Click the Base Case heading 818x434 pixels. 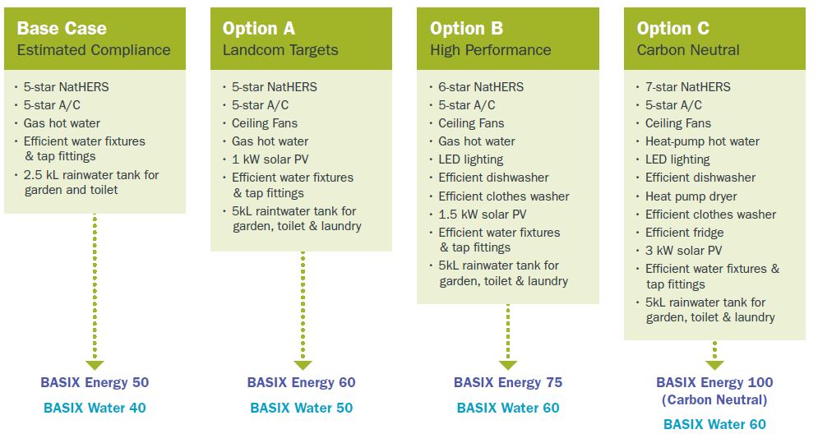(62, 28)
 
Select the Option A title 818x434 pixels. (259, 28)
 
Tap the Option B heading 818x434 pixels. (466, 28)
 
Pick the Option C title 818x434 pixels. (673, 28)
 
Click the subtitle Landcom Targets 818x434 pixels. (280, 50)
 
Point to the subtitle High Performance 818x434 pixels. (490, 50)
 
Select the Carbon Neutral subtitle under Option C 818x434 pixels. (688, 50)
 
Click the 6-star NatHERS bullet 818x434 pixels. (480, 87)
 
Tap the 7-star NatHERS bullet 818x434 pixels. (687, 87)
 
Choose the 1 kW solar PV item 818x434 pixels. (270, 159)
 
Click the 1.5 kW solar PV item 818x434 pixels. (482, 215)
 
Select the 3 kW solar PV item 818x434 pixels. (683, 251)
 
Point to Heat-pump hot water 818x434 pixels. (702, 141)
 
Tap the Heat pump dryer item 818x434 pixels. (691, 196)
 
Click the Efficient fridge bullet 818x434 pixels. (685, 233)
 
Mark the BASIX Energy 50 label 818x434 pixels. (95, 382)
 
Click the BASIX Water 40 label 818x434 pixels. (95, 408)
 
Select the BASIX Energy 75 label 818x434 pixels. (508, 382)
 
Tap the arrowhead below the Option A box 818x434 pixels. (303, 365)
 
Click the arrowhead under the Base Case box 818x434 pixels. (95, 365)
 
